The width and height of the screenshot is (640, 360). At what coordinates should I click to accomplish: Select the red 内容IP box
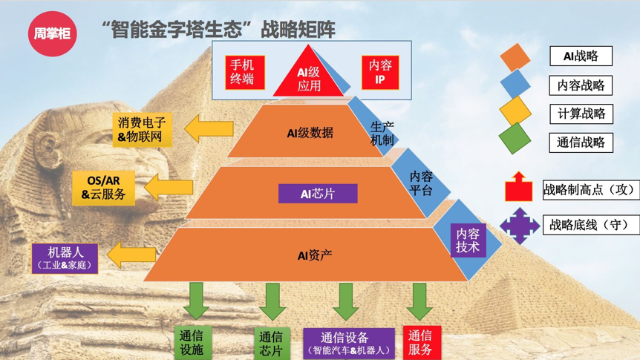point(380,73)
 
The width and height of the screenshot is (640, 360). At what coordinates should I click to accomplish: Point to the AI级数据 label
point(310,133)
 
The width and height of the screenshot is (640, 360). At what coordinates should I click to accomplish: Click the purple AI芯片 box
point(318,194)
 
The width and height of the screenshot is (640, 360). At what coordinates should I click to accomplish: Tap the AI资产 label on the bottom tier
point(315,255)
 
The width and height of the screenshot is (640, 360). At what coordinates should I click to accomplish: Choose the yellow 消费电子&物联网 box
point(143,131)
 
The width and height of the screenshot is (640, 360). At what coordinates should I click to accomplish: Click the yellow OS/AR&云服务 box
point(104,188)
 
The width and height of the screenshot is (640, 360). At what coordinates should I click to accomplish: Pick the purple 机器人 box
point(65,258)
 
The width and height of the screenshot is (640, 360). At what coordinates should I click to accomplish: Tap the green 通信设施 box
point(192,342)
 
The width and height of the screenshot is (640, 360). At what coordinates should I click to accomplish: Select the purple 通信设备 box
point(349,343)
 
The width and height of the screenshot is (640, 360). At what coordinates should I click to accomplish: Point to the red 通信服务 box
point(420,342)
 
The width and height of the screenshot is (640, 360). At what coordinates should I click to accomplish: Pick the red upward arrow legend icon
point(518,188)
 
